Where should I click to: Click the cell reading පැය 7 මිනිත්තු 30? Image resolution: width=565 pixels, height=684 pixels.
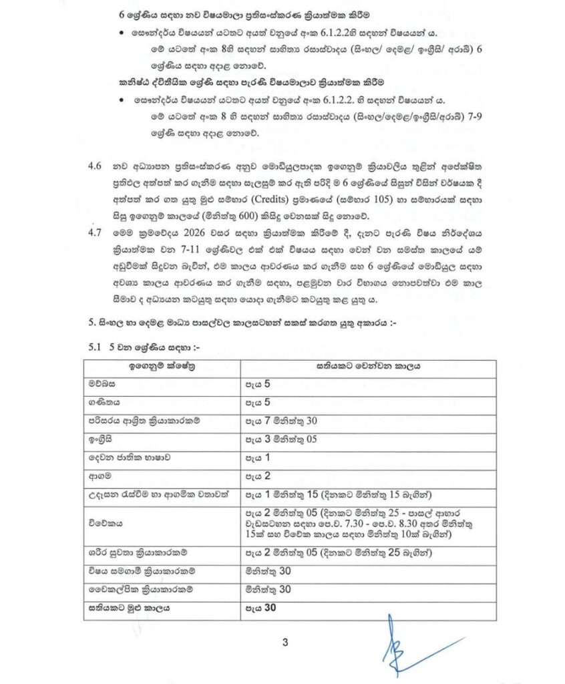tap(279, 421)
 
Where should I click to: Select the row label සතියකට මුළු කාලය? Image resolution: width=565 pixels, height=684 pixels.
tap(127, 608)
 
